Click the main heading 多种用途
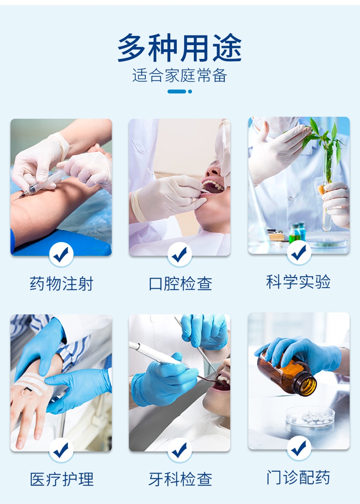click(x=180, y=48)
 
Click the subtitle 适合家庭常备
click(x=180, y=75)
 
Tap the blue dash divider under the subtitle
click(x=180, y=92)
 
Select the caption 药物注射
click(x=61, y=284)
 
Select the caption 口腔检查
click(x=180, y=284)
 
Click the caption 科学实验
click(x=298, y=282)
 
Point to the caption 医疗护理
click(x=61, y=479)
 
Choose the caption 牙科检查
click(x=180, y=479)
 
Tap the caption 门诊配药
click(x=298, y=477)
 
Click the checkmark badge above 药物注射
click(x=61, y=255)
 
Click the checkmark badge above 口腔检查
click(x=180, y=255)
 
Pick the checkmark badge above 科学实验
click(x=299, y=252)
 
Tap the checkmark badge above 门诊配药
click(x=299, y=448)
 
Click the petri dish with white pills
click(x=310, y=417)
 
